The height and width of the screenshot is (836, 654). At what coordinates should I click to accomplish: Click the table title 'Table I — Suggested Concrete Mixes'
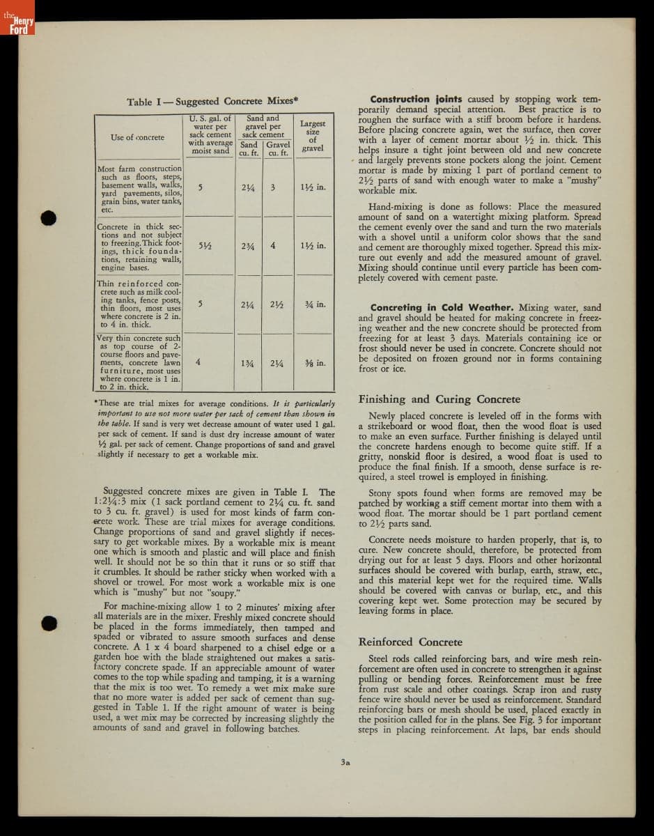212,102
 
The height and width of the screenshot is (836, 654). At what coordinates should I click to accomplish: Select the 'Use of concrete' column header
138,137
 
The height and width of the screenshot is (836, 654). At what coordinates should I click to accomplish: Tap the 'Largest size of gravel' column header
313,136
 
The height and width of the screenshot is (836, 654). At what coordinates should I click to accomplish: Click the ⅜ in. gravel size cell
315,363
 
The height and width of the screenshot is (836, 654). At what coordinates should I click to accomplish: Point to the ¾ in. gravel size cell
316,304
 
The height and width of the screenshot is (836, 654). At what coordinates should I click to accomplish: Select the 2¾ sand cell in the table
247,246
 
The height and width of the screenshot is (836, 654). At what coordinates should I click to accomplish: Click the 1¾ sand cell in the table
247,363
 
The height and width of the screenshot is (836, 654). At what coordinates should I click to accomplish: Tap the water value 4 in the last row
198,362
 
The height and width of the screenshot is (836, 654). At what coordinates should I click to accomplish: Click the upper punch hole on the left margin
47,217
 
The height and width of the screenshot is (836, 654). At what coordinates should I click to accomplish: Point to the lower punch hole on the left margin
47,623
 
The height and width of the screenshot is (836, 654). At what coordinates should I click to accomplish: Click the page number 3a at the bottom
345,762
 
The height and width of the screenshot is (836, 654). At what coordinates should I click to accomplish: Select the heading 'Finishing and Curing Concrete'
439,399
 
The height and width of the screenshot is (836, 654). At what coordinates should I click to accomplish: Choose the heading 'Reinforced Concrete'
410,642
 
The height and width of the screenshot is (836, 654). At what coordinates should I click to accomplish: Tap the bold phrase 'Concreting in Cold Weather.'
442,307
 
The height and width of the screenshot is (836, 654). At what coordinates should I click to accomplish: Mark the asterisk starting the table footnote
95,403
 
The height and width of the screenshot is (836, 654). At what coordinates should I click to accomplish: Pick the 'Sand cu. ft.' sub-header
249,149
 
